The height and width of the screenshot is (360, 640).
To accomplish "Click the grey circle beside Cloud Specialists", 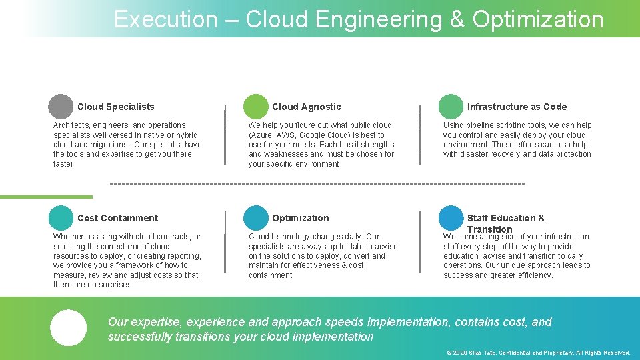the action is click(x=61, y=107).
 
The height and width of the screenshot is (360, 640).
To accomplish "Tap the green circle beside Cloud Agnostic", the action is click(x=255, y=107).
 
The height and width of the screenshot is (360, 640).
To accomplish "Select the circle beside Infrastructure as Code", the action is click(x=451, y=107).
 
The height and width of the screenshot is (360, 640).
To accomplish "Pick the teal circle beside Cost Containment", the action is click(x=61, y=218).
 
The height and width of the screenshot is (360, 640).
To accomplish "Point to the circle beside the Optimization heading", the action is click(x=255, y=218).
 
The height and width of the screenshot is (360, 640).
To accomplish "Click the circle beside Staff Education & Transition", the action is click(x=451, y=218).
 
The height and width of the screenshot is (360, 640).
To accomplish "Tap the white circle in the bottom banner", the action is click(x=68, y=328).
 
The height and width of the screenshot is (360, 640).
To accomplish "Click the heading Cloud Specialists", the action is click(x=115, y=107).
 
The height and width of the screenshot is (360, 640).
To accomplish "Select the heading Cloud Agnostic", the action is click(x=306, y=107).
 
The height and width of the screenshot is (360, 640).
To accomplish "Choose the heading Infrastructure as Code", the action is click(x=517, y=107).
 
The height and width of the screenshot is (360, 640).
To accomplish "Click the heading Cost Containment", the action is click(x=117, y=218).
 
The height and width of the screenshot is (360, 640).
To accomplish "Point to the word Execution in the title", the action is click(x=165, y=19).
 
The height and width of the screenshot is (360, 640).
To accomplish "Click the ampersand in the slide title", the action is click(x=457, y=19).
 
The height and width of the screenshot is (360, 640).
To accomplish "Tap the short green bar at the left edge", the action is click(x=46, y=197).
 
